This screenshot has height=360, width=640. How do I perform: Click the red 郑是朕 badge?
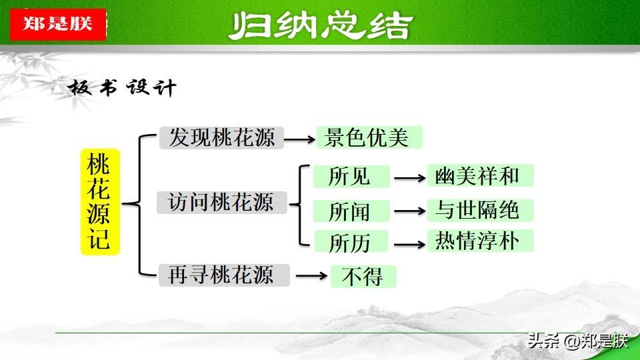[58, 25]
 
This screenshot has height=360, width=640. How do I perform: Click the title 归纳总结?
[321, 26]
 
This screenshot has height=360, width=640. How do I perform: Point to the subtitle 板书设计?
[122, 87]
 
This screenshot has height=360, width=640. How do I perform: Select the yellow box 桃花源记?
[100, 201]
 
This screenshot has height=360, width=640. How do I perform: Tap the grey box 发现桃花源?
[221, 137]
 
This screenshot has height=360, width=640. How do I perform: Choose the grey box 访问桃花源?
[221, 203]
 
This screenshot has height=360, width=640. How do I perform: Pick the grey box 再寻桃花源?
[224, 275]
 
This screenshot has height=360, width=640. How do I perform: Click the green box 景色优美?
[369, 137]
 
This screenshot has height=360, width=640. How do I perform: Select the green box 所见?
[351, 176]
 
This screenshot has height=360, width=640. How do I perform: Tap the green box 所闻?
[351, 211]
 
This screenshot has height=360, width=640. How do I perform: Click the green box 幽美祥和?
[481, 175]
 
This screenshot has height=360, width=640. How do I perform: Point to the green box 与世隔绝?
[481, 211]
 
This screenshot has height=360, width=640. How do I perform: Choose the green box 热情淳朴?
[481, 241]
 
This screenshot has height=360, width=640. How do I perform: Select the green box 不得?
[363, 276]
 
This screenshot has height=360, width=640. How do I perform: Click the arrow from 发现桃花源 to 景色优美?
[299, 139]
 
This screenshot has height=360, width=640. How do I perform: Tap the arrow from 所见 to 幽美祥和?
[410, 178]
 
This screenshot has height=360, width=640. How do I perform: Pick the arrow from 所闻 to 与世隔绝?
[410, 211]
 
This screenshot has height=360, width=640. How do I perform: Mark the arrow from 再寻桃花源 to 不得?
[311, 276]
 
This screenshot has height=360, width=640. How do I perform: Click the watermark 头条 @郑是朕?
[577, 341]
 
